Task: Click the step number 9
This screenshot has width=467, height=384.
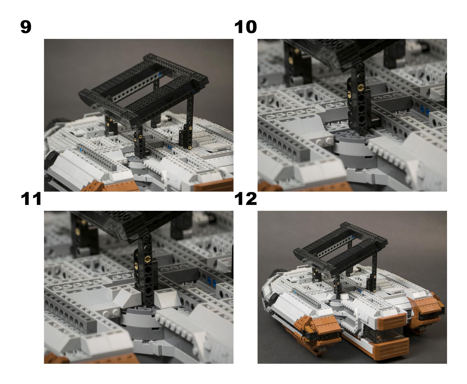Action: click(x=26, y=27)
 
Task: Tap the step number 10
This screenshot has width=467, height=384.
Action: click(x=245, y=27)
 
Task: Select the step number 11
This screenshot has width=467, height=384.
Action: click(x=31, y=199)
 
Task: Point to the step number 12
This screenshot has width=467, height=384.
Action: click(x=245, y=199)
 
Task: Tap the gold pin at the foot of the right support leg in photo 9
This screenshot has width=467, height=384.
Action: click(x=190, y=147)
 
